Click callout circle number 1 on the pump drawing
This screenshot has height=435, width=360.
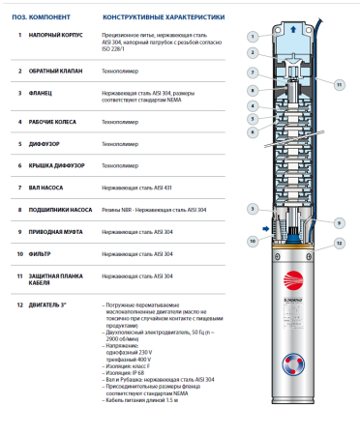pos(252,34)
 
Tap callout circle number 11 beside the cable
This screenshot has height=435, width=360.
pos(339,85)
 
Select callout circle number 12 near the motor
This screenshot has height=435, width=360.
pos(339,242)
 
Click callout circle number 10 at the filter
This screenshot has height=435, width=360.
pos(252,240)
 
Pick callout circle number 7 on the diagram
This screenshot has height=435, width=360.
pos(252,72)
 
